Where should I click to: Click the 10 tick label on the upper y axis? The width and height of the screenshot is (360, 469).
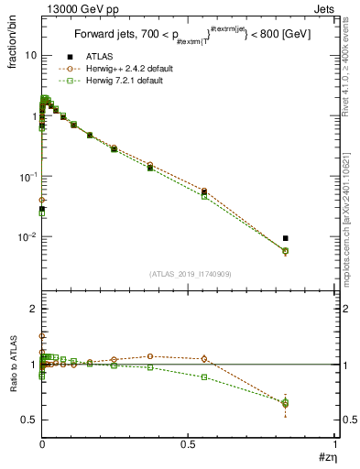pyautogui.click(x=30, y=55)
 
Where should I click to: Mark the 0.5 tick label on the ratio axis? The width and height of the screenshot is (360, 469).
pyautogui.click(x=29, y=420)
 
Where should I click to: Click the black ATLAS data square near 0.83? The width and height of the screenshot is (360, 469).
pyautogui.click(x=286, y=238)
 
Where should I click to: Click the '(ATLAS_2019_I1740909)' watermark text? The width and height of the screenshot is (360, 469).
pyautogui.click(x=189, y=274)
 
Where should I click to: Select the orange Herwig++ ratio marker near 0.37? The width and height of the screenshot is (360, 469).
pyautogui.click(x=150, y=356)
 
